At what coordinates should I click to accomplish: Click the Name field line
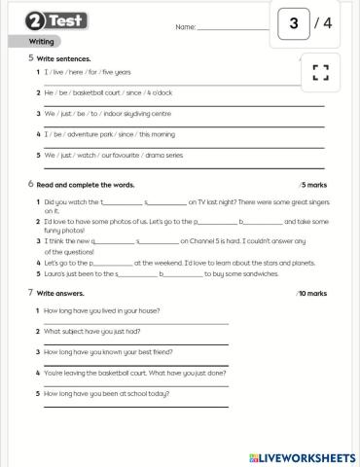(234, 29)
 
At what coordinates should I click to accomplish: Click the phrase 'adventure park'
(83, 132)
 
